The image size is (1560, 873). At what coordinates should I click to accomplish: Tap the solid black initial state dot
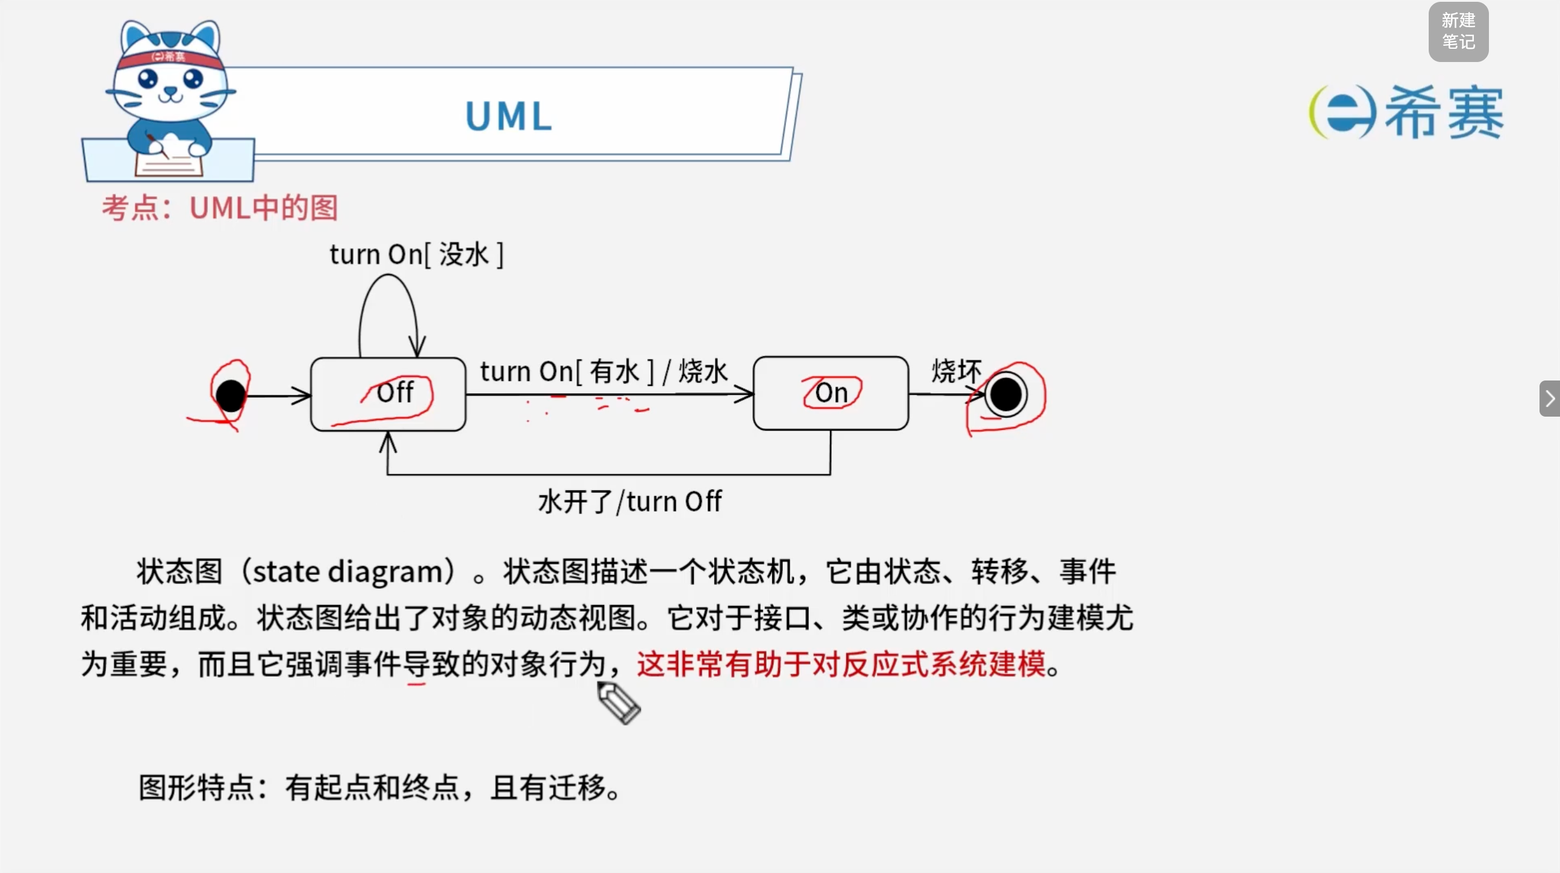coord(231,396)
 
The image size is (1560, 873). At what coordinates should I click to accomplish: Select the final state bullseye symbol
coord(1005,395)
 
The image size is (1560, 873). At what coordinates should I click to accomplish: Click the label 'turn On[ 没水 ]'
coord(417,254)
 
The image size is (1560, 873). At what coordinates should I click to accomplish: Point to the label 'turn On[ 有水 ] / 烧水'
coord(604,371)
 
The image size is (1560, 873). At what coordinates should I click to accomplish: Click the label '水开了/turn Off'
coord(630,502)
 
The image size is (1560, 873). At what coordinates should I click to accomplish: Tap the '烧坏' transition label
coord(956,370)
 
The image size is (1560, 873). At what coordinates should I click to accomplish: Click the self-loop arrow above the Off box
coord(387,276)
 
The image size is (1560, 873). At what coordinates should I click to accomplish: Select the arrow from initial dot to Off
coord(278,396)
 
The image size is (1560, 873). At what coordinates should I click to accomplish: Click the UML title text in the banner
coord(509,116)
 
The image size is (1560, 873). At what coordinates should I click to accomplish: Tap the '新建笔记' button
coord(1458,31)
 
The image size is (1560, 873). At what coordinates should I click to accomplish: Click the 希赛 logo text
coord(1444,113)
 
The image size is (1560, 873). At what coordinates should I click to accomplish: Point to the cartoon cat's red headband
coord(169,58)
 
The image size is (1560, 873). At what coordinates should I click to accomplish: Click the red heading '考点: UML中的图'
coord(220,208)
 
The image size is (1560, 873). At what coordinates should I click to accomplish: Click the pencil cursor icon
coord(619,702)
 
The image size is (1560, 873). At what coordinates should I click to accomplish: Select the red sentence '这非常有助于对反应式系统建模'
coord(841,663)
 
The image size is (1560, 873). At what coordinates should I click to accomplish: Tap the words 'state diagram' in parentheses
coord(348,571)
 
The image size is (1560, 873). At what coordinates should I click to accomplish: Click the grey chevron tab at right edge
coord(1550,399)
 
